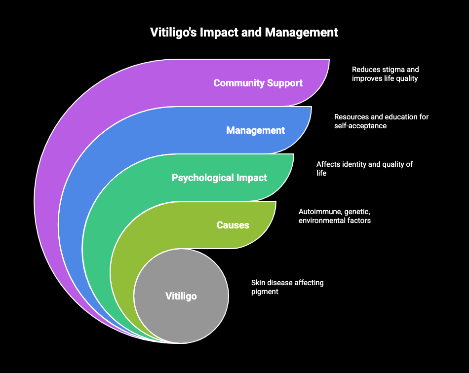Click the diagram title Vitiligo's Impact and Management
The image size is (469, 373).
click(x=244, y=33)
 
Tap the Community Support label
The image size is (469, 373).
click(x=258, y=83)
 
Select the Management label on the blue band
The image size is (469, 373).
click(x=255, y=130)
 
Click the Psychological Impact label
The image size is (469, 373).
click(x=219, y=178)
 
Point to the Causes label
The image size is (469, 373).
click(x=233, y=225)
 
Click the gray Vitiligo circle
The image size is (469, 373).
click(x=181, y=296)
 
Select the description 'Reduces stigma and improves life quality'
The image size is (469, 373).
click(x=385, y=74)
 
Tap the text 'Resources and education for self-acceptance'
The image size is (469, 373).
click(x=381, y=121)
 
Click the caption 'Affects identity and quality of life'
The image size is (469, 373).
click(x=364, y=169)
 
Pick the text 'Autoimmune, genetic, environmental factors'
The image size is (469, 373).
click(x=334, y=216)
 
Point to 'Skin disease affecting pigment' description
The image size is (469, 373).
click(x=287, y=287)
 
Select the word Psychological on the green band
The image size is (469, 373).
click(x=202, y=178)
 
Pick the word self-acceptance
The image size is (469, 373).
click(x=360, y=126)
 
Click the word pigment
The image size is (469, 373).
click(x=265, y=292)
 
